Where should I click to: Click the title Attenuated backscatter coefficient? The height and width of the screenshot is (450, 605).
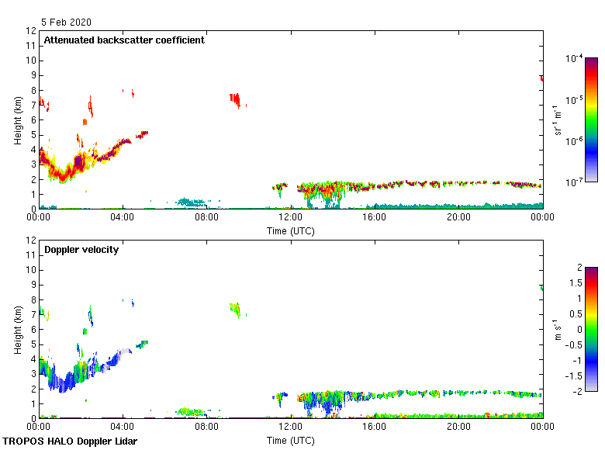(124, 40)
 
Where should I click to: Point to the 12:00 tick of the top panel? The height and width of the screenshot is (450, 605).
(291, 216)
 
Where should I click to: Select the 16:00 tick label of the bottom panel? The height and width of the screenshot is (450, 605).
(375, 426)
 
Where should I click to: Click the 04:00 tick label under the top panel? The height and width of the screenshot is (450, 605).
(123, 216)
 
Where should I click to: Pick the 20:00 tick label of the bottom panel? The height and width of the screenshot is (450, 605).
(458, 426)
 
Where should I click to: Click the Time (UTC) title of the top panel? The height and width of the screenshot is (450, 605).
(290, 230)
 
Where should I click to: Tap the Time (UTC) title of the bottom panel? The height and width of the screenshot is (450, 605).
(290, 440)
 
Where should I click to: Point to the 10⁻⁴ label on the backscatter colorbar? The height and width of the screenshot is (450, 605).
(575, 58)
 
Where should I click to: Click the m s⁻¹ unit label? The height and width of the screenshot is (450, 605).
(557, 329)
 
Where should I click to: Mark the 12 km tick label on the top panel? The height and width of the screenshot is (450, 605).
(31, 31)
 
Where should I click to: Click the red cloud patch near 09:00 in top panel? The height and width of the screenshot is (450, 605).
(235, 99)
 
